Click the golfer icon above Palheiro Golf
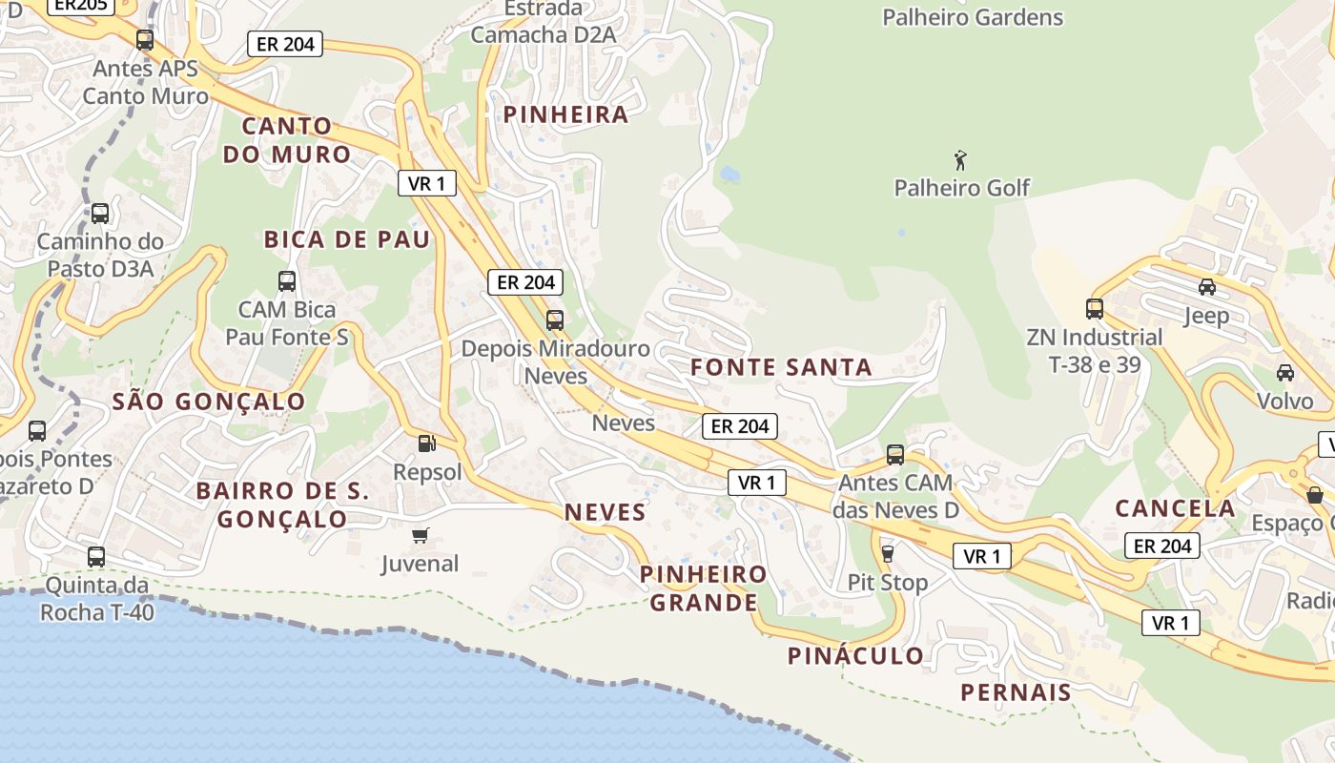[961, 159]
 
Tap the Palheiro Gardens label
[972, 17]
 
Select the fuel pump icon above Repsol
[426, 443]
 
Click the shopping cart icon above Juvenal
[421, 535]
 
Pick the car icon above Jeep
[1206, 287]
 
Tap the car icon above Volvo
[1284, 372]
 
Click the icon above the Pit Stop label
[888, 553]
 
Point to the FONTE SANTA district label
[781, 367]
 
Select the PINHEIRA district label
[565, 115]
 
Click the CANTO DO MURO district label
[287, 140]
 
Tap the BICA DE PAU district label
[347, 239]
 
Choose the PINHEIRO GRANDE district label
[704, 588]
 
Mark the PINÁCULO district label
[855, 656]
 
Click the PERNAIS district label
[1016, 692]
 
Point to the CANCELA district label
[1175, 508]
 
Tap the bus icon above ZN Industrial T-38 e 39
[1094, 309]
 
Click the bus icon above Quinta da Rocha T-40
[96, 557]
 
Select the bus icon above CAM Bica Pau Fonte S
[287, 281]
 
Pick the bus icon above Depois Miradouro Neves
[555, 320]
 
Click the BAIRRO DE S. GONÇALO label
[282, 505]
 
